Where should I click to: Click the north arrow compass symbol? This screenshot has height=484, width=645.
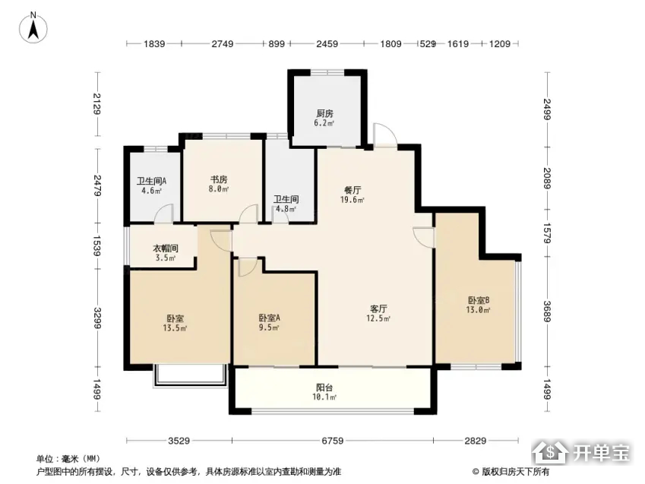pos(33,27)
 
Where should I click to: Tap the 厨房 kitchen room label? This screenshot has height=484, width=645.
pos(324,113)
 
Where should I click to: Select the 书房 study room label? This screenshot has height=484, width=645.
pos(219,179)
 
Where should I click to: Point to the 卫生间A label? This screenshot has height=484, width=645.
pos(151,181)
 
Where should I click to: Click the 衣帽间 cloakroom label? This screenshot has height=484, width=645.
pos(166,248)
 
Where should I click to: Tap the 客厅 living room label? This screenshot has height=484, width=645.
pos(378,308)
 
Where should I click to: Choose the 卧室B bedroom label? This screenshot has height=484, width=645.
pos(478,300)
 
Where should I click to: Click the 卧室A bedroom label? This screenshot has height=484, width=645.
pos(270,318)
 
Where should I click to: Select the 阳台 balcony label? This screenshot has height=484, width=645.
pos(324,388)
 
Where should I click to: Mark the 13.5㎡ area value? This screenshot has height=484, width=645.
pos(175,328)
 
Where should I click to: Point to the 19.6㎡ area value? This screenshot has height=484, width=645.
pos(352,200)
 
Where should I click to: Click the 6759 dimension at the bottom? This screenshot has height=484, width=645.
pos(332,441)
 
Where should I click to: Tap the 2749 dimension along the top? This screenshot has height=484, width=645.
pos(223,43)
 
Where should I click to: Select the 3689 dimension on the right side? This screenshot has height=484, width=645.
pos(547,312)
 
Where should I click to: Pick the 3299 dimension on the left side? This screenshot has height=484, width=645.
pos(97,318)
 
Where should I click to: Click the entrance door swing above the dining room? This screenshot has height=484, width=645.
pos(384,134)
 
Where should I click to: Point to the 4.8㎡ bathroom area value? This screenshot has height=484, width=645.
pos(286,209)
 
